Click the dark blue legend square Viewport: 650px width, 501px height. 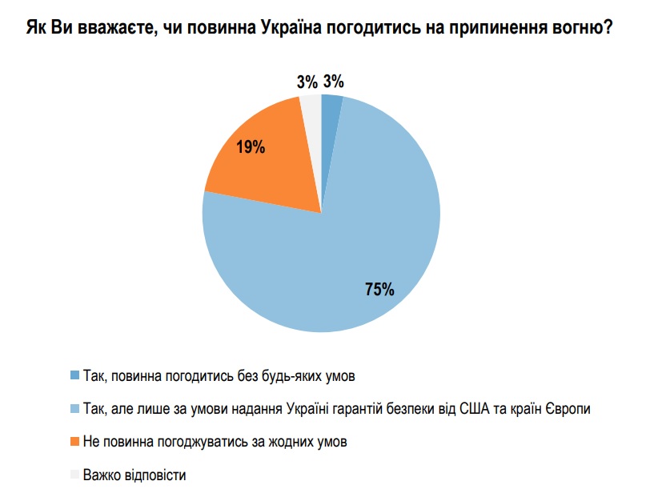(x=75, y=375)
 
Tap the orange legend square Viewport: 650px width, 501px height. (x=75, y=442)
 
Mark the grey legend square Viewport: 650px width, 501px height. (x=75, y=475)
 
